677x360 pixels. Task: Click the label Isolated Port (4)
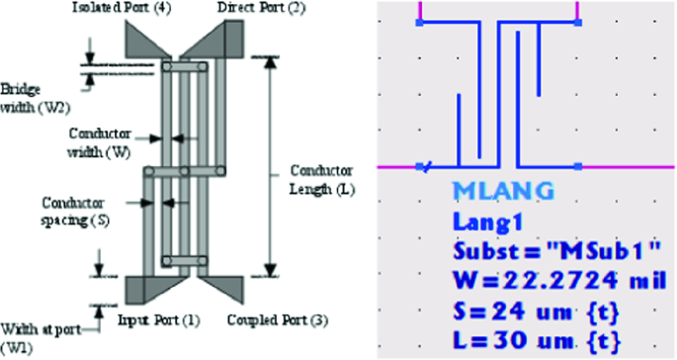pos(122,8)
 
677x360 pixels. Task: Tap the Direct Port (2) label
pos(261,8)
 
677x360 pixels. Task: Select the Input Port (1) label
pos(159,320)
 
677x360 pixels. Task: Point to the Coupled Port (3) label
pos(278,320)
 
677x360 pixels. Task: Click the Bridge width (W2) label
pos(35,98)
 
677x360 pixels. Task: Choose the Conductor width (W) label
pos(99,142)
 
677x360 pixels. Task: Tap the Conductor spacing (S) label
pos(74,212)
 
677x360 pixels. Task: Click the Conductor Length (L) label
pos(321,180)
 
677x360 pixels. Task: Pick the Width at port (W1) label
pos(41,338)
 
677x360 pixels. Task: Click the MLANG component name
pos(503,191)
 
